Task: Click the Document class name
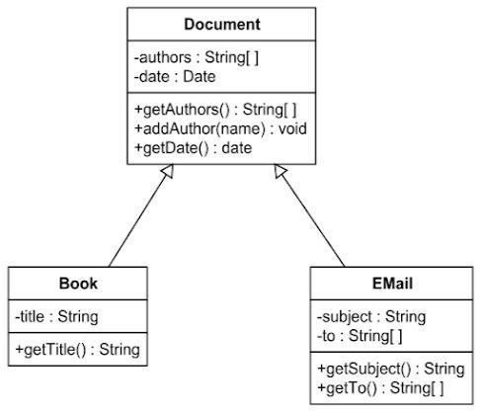click(222, 25)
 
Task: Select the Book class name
click(78, 284)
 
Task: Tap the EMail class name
click(392, 284)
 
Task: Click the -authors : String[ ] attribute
click(197, 57)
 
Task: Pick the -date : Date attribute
click(175, 77)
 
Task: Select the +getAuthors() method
click(215, 110)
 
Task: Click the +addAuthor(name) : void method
click(220, 128)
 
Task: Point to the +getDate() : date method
click(194, 148)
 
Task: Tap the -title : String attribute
click(56, 317)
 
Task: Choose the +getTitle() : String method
click(78, 350)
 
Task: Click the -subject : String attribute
click(371, 317)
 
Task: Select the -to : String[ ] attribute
click(360, 336)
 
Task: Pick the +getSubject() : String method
click(391, 369)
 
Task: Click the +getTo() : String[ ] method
click(380, 388)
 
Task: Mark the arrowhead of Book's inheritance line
click(168, 170)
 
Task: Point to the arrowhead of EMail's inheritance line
click(280, 170)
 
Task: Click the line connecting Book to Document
click(138, 218)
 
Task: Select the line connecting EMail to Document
click(312, 218)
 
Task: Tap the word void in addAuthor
click(292, 128)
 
